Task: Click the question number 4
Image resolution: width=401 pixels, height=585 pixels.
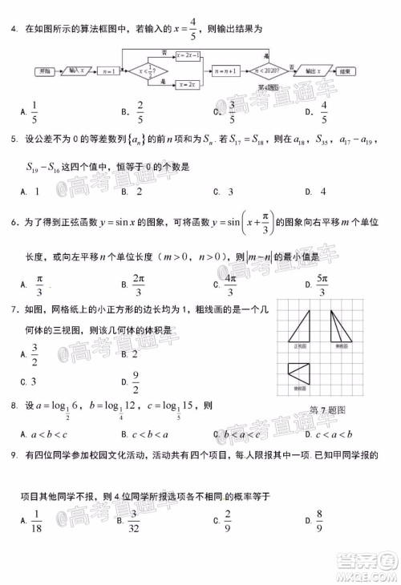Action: pyautogui.click(x=14, y=30)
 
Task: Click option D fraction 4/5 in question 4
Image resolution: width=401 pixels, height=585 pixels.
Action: pyautogui.click(x=324, y=113)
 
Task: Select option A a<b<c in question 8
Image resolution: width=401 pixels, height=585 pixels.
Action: pyautogui.click(x=44, y=434)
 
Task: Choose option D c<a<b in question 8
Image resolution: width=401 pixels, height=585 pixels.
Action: pyautogui.click(x=328, y=434)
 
